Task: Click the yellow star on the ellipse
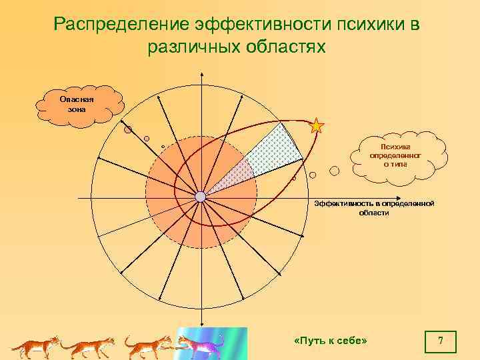point(317,125)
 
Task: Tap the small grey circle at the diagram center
point(201,197)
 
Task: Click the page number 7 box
point(441,341)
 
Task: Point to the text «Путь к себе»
point(331,341)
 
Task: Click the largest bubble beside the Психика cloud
point(335,171)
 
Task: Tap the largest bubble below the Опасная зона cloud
point(128,130)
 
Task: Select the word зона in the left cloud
point(77,109)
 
